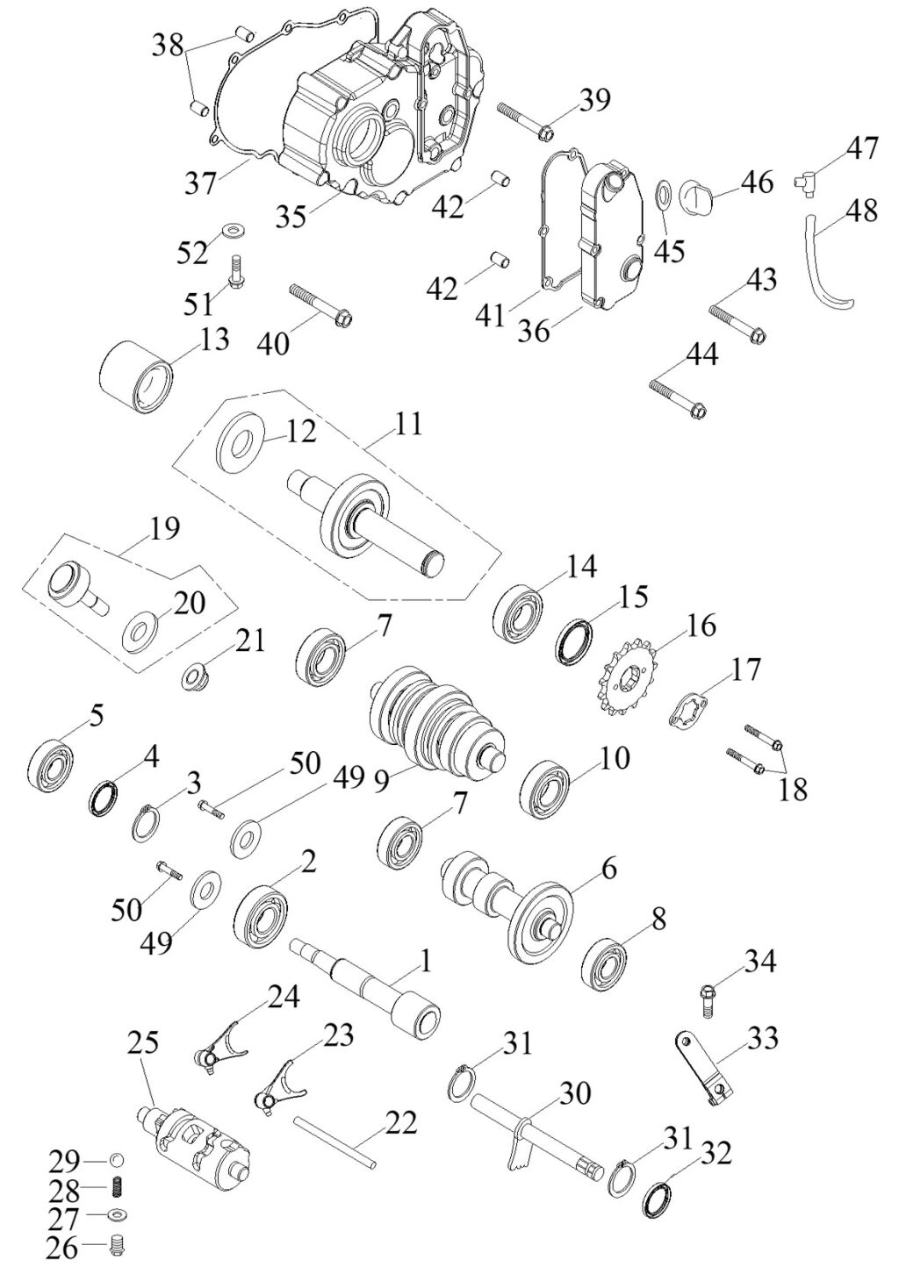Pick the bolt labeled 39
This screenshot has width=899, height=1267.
[524, 122]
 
